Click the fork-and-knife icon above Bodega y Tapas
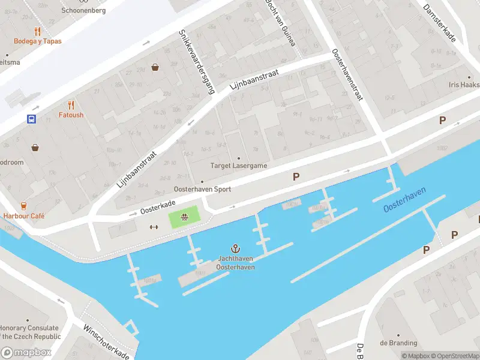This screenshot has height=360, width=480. pos(37,31)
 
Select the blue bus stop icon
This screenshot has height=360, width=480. pos(31,119)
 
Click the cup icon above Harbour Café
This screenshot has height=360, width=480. pos(23,205)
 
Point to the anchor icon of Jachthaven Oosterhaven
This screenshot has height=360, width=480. pos(236,248)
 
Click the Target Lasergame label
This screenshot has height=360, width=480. pos(238,166)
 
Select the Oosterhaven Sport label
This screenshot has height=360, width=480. pos(202,189)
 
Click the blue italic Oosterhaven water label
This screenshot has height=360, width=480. pos(405,199)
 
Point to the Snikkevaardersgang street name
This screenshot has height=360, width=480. pos(196,62)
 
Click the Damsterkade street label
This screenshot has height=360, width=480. pos(439,23)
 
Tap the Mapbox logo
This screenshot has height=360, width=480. pos(26,353)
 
